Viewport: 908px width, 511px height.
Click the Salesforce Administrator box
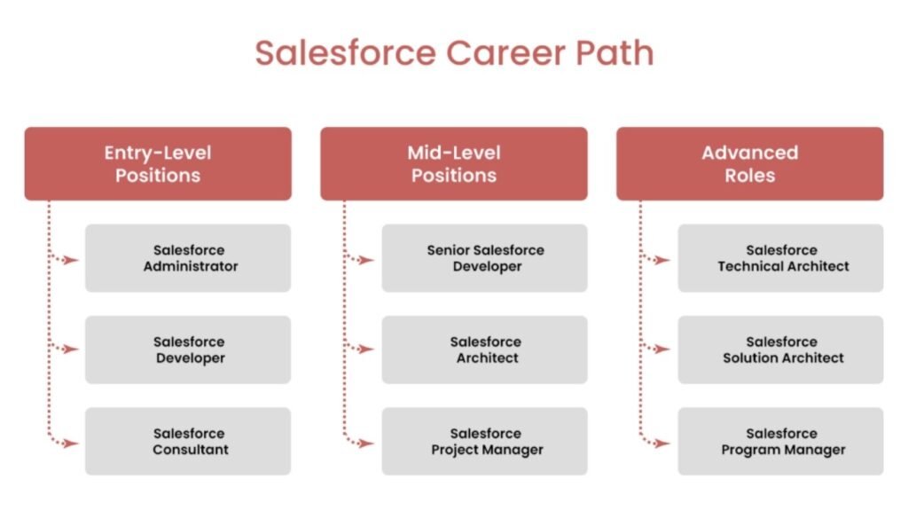pos(188,258)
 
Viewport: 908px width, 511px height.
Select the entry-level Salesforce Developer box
pos(188,350)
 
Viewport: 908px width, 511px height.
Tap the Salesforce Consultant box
pos(188,441)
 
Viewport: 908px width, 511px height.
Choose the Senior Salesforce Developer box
pos(484,258)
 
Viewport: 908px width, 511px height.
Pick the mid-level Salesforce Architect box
pos(484,350)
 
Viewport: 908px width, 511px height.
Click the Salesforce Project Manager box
pos(484,441)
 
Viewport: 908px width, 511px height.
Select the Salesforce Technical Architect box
pos(780,258)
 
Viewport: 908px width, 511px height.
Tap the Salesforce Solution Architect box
pos(780,350)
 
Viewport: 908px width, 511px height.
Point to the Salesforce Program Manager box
pos(780,441)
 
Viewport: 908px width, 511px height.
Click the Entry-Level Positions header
pos(158,163)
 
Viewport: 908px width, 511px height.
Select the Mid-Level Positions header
pos(454,163)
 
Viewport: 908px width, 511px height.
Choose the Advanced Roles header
pos(750,163)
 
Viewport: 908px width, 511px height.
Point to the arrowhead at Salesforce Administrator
pos(73,260)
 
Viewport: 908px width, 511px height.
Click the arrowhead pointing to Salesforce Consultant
pos(73,443)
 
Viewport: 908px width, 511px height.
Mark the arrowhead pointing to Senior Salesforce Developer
pos(368,260)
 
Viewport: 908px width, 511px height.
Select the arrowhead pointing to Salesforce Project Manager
pos(368,443)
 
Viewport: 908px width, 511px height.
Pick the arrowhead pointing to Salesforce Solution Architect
pos(664,350)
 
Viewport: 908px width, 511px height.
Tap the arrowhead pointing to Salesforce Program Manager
pos(664,443)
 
